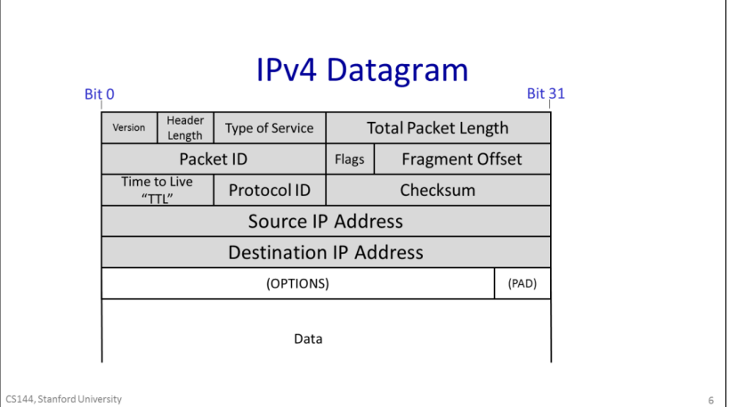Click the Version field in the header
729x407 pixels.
[129, 127]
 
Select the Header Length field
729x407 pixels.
[185, 127]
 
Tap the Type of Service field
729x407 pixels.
[270, 127]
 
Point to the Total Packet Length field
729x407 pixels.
[438, 127]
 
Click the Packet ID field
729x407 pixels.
[214, 159]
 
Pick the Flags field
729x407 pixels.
[350, 159]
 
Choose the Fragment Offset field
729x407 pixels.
[462, 159]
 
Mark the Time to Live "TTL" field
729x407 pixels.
[157, 190]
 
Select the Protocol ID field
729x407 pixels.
[270, 190]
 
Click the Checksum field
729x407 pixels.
[438, 190]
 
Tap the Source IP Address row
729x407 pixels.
[326, 221]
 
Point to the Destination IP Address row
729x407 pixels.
[326, 252]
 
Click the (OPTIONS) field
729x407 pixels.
[298, 284]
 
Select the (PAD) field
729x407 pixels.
[522, 284]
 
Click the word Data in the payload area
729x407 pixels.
[308, 338]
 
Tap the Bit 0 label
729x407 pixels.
[99, 94]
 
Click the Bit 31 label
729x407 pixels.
[546, 93]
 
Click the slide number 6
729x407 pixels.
[711, 400]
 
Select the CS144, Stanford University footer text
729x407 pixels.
[63, 399]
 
